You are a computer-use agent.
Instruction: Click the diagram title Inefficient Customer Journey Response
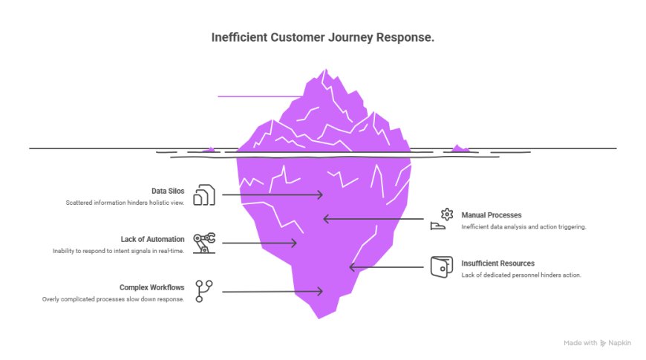pyautogui.click(x=323, y=37)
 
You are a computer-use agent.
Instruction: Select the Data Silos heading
pyautogui.click(x=168, y=191)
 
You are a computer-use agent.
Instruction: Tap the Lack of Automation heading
pyautogui.click(x=152, y=239)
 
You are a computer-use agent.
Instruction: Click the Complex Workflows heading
pyautogui.click(x=151, y=287)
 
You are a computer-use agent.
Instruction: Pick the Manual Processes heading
pyautogui.click(x=491, y=215)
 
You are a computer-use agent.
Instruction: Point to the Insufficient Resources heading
pyautogui.click(x=497, y=263)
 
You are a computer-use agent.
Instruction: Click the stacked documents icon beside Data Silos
pyautogui.click(x=204, y=195)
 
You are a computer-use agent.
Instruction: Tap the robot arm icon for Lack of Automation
pyautogui.click(x=203, y=243)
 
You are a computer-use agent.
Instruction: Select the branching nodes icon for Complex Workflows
pyautogui.click(x=203, y=291)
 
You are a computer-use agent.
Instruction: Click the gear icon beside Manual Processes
pyautogui.click(x=446, y=215)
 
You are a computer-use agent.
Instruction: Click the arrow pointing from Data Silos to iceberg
pyautogui.click(x=272, y=195)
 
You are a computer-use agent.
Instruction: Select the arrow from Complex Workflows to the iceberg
pyautogui.click(x=272, y=292)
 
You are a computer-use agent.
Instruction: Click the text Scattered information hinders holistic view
pyautogui.click(x=125, y=203)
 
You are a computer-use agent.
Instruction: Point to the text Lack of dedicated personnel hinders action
pyautogui.click(x=521, y=275)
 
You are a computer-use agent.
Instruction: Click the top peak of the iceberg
pyautogui.click(x=323, y=71)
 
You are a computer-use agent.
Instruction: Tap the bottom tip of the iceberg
pyautogui.click(x=319, y=317)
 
